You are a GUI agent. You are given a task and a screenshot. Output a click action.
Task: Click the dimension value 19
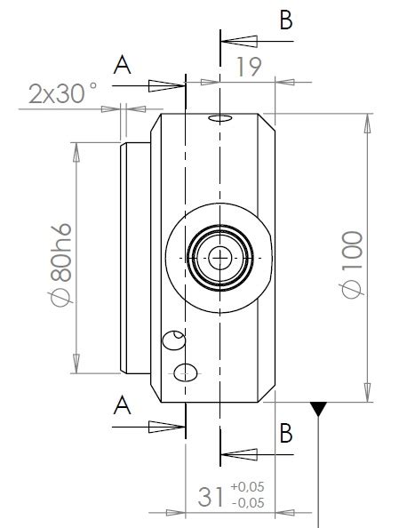pos(249,68)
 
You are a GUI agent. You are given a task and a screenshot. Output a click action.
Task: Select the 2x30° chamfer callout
pos(62,92)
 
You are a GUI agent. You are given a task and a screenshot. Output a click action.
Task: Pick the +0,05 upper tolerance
pos(247,487)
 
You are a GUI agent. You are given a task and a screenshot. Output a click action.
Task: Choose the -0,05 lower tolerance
pos(247,504)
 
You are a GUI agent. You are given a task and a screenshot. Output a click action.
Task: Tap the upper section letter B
pos(285,21)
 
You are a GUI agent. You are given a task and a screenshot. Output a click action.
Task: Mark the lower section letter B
pos(285,433)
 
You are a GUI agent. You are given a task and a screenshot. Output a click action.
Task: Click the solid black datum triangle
pos(318,409)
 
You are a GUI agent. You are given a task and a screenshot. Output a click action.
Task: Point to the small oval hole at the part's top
pos(219,118)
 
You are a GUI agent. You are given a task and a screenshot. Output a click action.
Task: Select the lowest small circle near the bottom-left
pos(185,372)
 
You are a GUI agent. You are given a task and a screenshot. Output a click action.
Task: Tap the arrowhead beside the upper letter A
pos(168,85)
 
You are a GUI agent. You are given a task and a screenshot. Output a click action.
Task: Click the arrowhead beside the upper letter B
pos(236,41)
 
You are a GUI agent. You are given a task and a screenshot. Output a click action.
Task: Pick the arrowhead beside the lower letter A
pos(168,426)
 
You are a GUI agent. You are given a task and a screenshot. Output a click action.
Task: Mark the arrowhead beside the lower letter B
pos(236,455)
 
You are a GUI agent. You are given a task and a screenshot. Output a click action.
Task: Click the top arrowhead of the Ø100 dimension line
pos(367,124)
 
